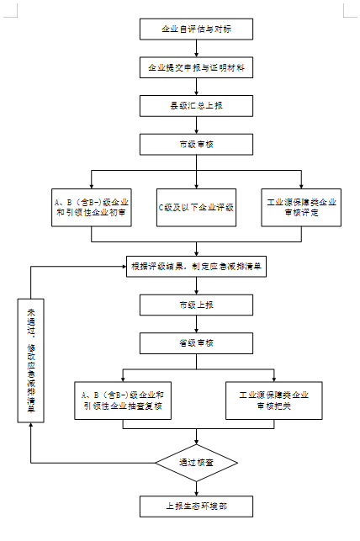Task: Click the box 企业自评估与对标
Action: click(x=196, y=29)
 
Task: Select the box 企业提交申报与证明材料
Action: click(x=196, y=66)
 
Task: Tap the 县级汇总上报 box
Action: click(x=196, y=105)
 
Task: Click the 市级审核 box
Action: click(x=196, y=145)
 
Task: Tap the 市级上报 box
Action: click(x=196, y=304)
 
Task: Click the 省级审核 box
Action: click(x=196, y=342)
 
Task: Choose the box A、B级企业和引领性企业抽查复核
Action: click(x=123, y=400)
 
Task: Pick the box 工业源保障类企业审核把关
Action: click(x=273, y=400)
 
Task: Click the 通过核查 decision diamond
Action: click(x=196, y=463)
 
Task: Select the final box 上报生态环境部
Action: click(x=196, y=507)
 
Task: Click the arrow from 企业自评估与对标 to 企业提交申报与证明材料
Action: click(x=196, y=48)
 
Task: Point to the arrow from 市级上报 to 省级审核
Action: click(x=196, y=323)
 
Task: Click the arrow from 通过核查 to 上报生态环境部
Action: click(x=196, y=487)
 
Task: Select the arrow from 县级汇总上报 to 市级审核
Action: click(x=196, y=125)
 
